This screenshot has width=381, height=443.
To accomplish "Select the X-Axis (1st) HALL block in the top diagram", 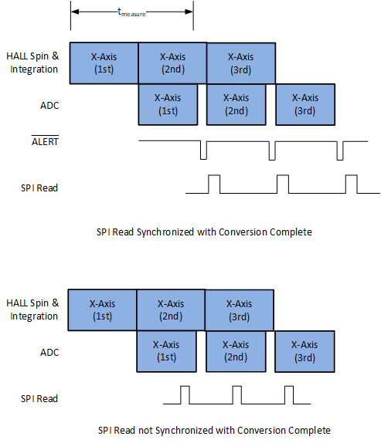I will pyautogui.click(x=104, y=63).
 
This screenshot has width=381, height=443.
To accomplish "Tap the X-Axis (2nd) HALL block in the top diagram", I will pyautogui.click(x=172, y=63).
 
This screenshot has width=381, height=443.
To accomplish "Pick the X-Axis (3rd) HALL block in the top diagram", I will pyautogui.click(x=240, y=63).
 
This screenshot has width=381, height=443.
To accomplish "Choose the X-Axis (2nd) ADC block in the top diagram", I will pyautogui.click(x=236, y=104).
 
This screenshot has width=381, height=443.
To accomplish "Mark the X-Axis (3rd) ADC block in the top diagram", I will pyautogui.click(x=305, y=104).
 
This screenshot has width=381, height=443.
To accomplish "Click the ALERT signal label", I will pyautogui.click(x=44, y=141).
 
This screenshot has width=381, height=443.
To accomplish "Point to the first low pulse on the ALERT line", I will pyautogui.click(x=203, y=150).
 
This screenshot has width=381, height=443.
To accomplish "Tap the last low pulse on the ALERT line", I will pyautogui.click(x=340, y=150).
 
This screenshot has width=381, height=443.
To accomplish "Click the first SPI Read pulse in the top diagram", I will pyautogui.click(x=214, y=184).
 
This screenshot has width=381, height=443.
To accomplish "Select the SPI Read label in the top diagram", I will pyautogui.click(x=39, y=188).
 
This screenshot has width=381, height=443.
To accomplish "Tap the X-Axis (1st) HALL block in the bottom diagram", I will pyautogui.click(x=102, y=310).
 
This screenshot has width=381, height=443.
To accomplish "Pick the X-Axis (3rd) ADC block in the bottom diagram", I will pyautogui.click(x=304, y=352).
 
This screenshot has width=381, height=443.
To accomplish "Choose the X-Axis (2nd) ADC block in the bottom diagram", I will pyautogui.click(x=235, y=352).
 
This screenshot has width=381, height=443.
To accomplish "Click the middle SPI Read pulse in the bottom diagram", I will pyautogui.click(x=238, y=394).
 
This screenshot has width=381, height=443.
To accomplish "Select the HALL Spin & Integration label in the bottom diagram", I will pyautogui.click(x=34, y=309).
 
